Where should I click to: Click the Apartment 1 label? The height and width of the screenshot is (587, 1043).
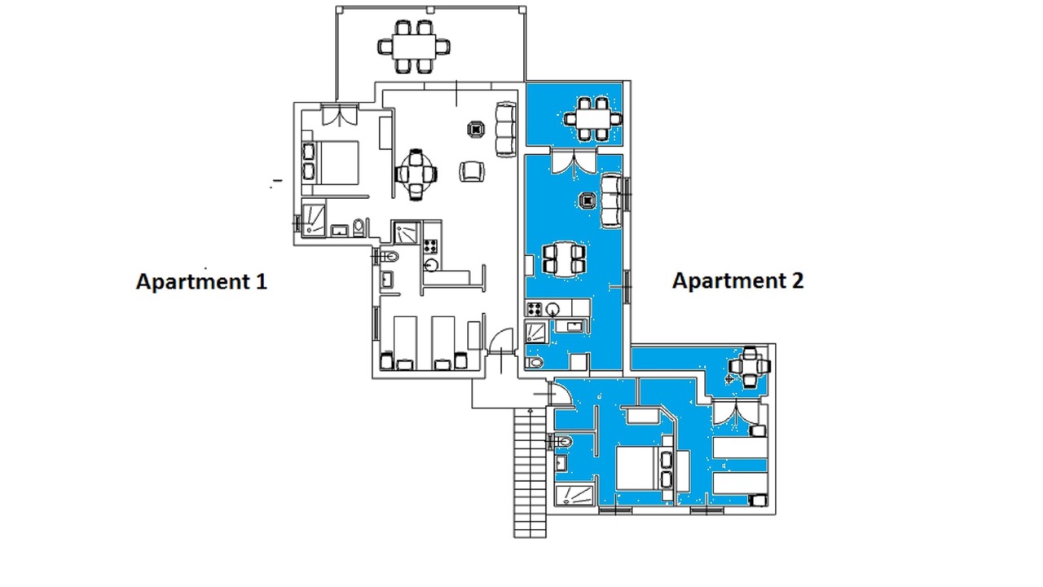(201, 281)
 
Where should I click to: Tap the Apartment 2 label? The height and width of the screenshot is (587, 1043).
(738, 280)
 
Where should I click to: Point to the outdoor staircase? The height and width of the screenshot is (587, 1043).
(530, 473)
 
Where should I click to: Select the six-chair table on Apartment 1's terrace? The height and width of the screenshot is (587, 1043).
(414, 46)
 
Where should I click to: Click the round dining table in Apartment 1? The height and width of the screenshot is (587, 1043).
(416, 174)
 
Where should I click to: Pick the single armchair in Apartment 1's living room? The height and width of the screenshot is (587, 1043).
(472, 171)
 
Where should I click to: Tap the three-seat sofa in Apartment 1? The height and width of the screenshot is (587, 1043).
(506, 129)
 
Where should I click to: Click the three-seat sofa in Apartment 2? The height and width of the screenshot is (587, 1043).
(611, 201)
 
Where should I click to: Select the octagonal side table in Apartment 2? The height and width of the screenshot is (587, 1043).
(588, 201)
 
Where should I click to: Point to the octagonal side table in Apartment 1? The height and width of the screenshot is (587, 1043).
(476, 129)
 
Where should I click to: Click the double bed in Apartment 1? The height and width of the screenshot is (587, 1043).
(331, 162)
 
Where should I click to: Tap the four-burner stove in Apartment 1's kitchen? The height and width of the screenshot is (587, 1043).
(431, 245)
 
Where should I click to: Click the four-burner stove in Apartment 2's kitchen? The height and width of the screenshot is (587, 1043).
(534, 309)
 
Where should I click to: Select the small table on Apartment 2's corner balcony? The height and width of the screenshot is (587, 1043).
(750, 367)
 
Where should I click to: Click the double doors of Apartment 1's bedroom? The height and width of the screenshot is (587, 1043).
(340, 115)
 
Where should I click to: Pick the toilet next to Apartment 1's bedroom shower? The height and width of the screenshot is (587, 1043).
(359, 227)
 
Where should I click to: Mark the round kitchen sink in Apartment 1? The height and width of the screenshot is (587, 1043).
(431, 266)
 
